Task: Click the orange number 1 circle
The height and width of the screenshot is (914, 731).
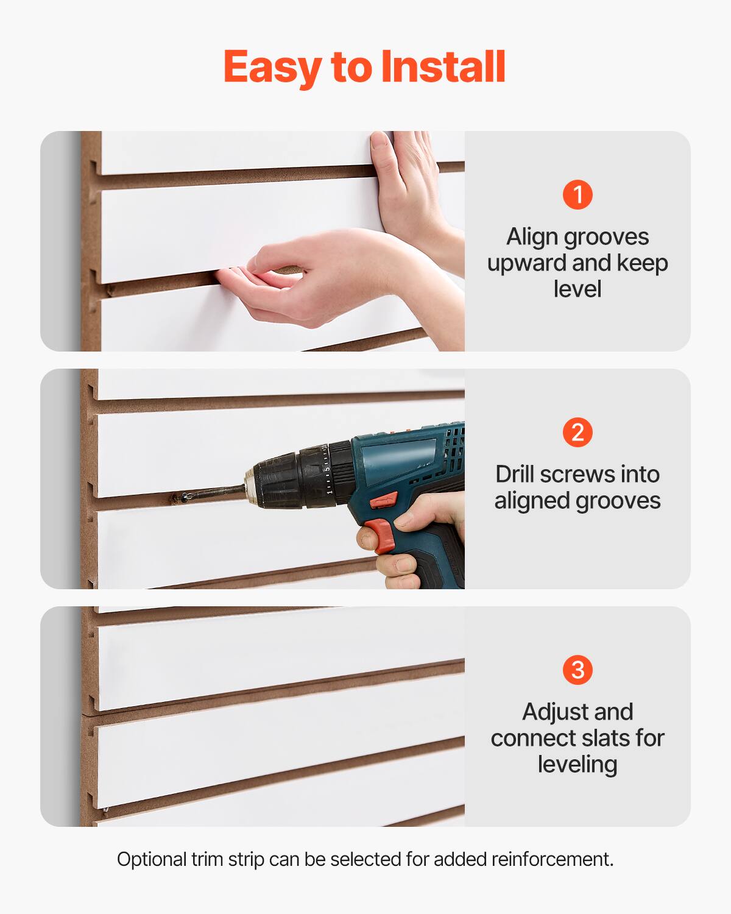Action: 577,195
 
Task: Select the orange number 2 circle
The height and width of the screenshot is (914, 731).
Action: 577,433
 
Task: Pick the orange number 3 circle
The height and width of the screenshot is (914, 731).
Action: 577,670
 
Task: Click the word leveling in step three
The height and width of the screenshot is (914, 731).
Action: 577,764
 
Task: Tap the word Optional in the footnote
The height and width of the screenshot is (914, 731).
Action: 152,860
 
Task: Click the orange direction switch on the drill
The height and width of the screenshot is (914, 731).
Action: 384,501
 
